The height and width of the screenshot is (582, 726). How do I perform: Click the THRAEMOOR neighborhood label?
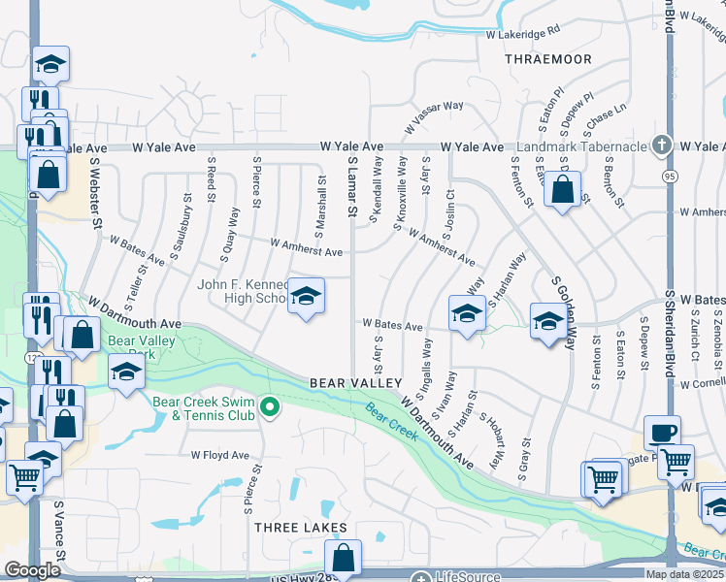coord(548,59)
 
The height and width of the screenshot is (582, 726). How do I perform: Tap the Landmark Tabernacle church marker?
coord(662,145)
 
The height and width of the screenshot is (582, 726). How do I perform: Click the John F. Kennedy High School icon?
coord(306,297)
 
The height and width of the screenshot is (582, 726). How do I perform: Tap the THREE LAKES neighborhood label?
coord(301,527)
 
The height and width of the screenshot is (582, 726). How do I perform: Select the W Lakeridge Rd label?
coord(523,33)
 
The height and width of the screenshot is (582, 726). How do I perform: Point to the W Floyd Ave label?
coord(219,454)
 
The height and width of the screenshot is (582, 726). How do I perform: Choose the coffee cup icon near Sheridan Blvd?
coord(662,433)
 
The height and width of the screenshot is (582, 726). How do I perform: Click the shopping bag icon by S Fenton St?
coord(563,189)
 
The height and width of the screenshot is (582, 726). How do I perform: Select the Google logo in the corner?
coord(32,570)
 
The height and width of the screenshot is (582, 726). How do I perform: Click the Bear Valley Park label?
coord(133,347)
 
